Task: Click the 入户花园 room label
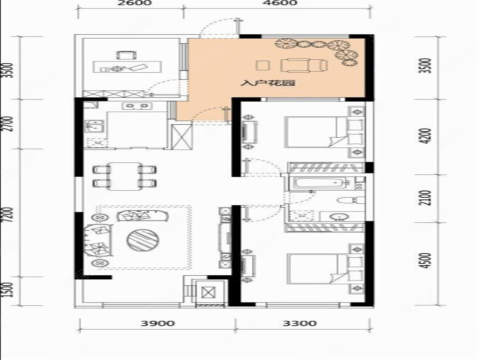pos(267,82)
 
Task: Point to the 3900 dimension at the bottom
pos(157,323)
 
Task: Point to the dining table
pos(124,176)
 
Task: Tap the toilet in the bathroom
pos(350,200)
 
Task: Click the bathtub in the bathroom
pos(319,183)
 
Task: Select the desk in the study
pos(127,67)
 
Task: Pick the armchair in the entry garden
pos(304,65)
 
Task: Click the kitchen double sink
pos(94,126)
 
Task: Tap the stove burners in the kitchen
pos(137,106)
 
